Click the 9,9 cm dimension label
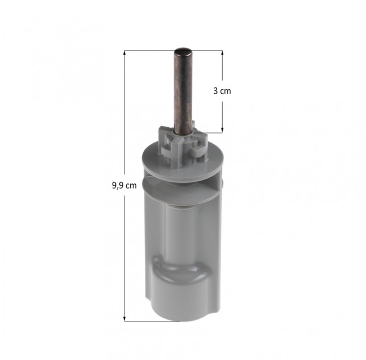[x=124, y=185]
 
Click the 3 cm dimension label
[x=222, y=91]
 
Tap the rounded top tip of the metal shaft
[x=183, y=51]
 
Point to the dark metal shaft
[x=183, y=91]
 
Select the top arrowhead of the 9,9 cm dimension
[x=124, y=53]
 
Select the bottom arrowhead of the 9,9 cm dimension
[x=124, y=319]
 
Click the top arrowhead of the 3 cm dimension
[x=222, y=53]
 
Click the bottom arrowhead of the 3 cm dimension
[x=222, y=130]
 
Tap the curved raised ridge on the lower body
[x=181, y=268]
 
